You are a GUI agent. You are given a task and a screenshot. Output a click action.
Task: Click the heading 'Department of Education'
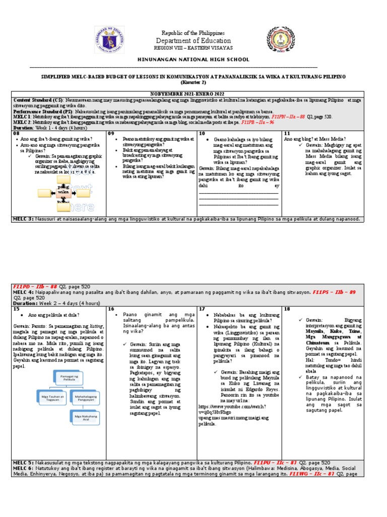pyautogui.click(x=193, y=41)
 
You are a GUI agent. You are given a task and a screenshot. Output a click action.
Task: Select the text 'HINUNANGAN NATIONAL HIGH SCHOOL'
pyautogui.click(x=193, y=60)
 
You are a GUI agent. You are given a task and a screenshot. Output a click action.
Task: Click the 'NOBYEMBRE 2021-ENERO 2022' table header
pyautogui.click(x=193, y=94)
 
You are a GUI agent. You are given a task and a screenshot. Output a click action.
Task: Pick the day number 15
pyautogui.click(x=17, y=308)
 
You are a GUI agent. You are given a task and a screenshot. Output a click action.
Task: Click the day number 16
pyautogui.click(x=111, y=308)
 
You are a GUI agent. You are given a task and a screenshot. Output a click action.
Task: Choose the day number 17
pyautogui.click(x=202, y=308)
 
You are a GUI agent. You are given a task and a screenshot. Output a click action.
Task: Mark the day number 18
pyautogui.click(x=287, y=308)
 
